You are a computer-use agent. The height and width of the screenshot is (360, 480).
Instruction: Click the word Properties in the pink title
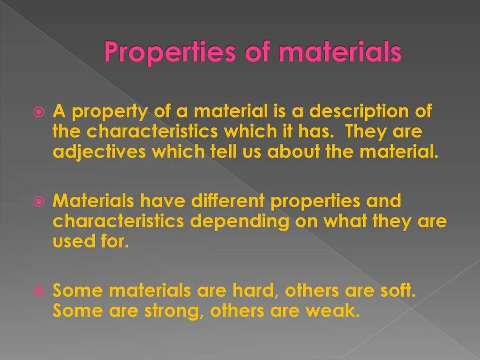(169, 52)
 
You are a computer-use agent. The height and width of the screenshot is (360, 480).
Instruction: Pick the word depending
(240, 222)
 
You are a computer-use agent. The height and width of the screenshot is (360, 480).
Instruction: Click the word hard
(253, 291)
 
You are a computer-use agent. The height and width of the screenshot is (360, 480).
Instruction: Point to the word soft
(397, 291)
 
